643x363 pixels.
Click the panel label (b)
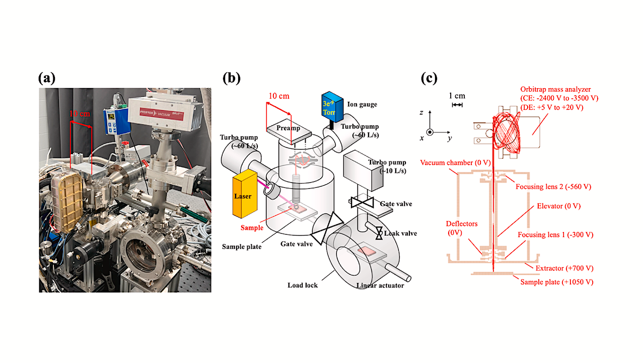(231, 78)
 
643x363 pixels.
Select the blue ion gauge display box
(333, 108)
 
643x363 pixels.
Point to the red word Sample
(252, 228)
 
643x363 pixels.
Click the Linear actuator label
(380, 286)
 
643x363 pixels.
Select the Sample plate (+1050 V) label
(556, 282)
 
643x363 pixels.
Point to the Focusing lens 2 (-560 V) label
(553, 187)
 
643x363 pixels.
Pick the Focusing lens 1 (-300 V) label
(555, 235)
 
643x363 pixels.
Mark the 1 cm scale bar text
(457, 96)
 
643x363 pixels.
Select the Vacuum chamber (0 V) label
(451, 163)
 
